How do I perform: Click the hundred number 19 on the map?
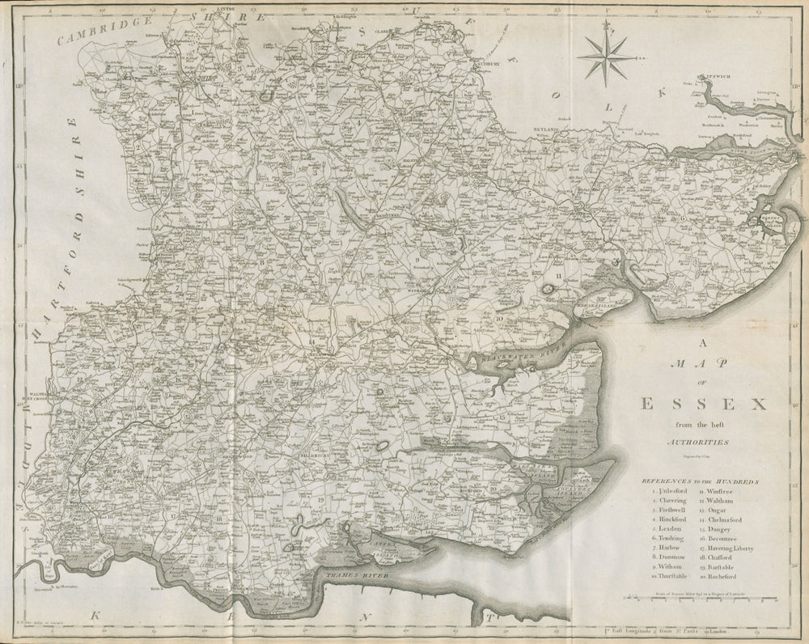(320, 500)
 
